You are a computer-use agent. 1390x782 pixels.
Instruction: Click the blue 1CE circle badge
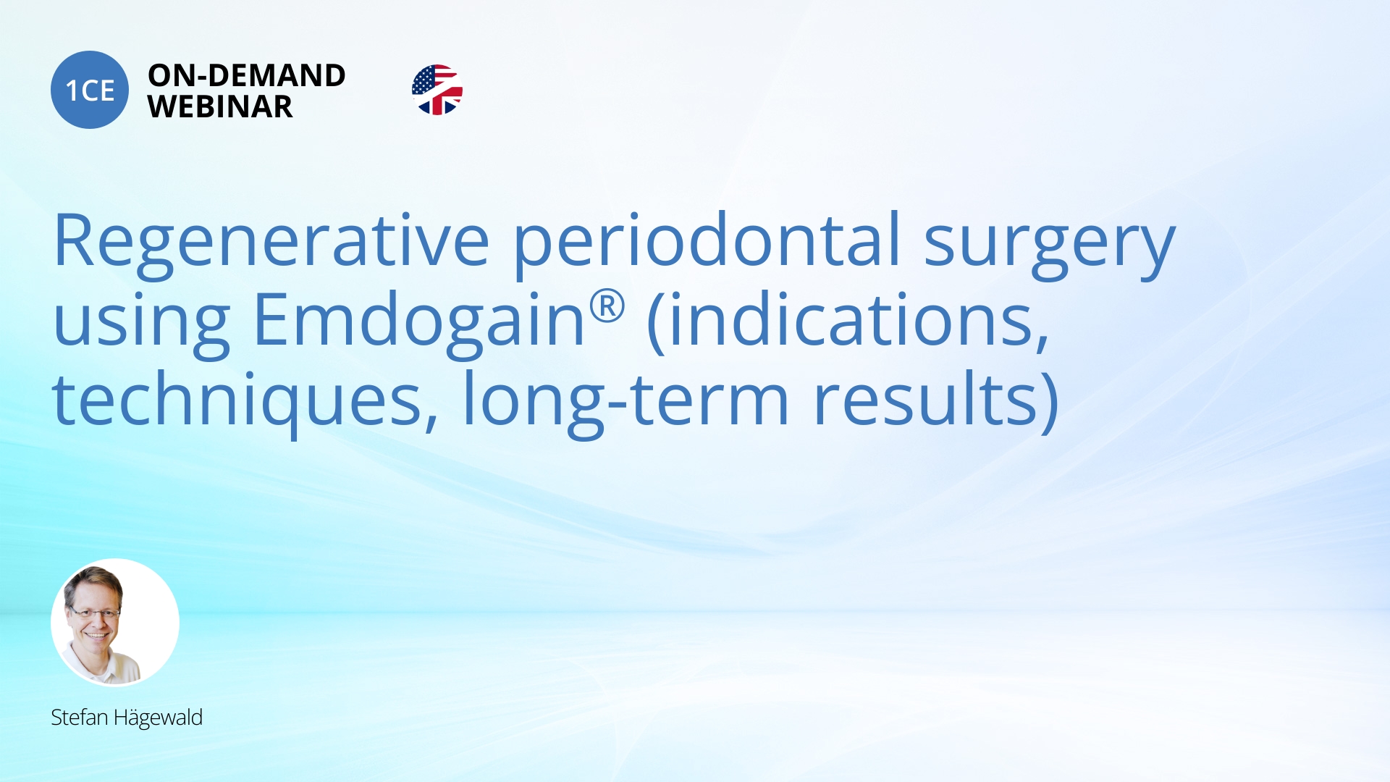tap(90, 90)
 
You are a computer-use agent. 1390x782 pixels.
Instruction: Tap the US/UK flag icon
tap(437, 90)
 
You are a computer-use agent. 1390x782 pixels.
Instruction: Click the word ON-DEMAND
tap(246, 75)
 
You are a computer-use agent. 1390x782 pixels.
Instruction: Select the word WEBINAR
tap(220, 107)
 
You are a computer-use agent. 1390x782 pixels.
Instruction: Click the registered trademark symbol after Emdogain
tap(607, 306)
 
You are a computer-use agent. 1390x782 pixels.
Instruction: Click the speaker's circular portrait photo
tap(115, 623)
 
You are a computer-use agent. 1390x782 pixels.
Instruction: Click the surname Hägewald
tap(158, 718)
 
